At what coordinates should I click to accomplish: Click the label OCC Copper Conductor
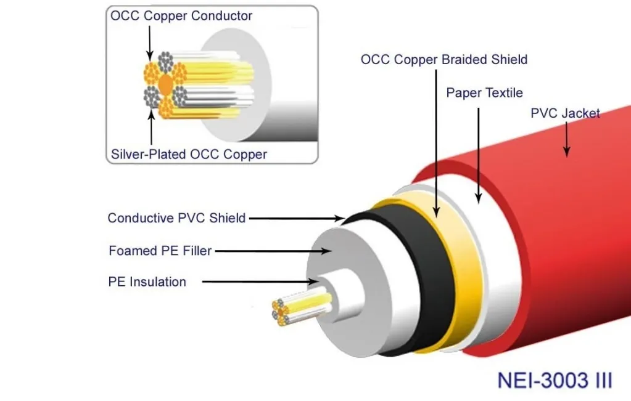[x=181, y=15]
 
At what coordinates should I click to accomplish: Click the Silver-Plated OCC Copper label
[x=189, y=154]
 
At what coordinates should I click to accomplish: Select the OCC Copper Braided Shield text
[x=444, y=60]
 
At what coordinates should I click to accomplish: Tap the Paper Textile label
[x=484, y=93]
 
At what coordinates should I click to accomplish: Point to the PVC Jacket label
[x=565, y=113]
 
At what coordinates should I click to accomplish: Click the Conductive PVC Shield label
[x=176, y=218]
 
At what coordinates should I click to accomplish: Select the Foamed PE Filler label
[x=160, y=251]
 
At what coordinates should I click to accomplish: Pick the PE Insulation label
[x=147, y=282]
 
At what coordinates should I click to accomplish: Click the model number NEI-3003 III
[x=555, y=380]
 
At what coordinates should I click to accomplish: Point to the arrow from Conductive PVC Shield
[x=296, y=218]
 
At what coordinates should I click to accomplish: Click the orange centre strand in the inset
[x=166, y=83]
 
